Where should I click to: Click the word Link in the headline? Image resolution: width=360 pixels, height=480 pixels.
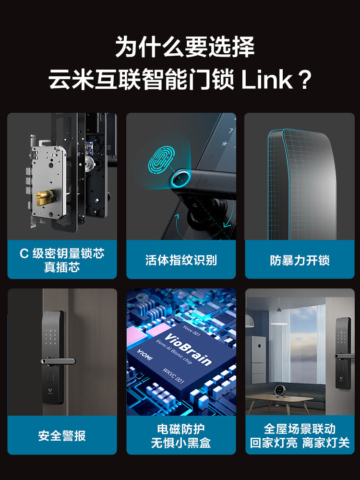(x=267, y=79)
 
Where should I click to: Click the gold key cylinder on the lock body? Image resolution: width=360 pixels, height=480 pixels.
(x=44, y=198)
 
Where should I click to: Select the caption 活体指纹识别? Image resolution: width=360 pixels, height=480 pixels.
(x=181, y=260)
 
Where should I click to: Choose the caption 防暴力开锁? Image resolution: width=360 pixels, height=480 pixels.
(x=300, y=260)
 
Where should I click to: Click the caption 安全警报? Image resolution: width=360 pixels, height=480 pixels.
(x=62, y=436)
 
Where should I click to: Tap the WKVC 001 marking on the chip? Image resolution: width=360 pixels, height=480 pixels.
(x=173, y=376)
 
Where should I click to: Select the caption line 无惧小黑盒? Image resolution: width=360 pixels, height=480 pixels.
(x=181, y=443)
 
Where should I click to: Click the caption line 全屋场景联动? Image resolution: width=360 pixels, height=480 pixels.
(x=300, y=429)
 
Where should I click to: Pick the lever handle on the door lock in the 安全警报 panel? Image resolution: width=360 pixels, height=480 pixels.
(x=58, y=361)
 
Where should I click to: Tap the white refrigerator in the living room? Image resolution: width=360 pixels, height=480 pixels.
(x=256, y=360)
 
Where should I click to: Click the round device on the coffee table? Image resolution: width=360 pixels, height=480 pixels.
(x=280, y=391)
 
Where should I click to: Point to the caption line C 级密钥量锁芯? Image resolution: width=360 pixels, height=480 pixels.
(x=62, y=253)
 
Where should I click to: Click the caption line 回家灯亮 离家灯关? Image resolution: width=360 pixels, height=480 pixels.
(x=300, y=443)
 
